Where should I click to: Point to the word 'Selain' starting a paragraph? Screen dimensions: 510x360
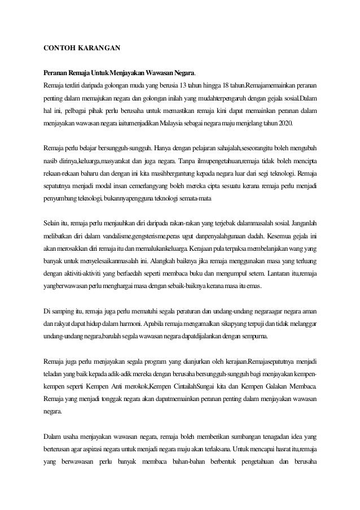pyautogui.click(x=53, y=220)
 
